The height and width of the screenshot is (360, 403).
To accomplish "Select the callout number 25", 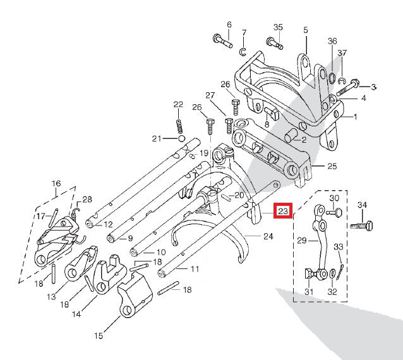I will [332, 166].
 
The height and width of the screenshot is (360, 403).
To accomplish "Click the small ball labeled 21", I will [181, 138].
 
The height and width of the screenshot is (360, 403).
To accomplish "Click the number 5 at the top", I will [305, 30].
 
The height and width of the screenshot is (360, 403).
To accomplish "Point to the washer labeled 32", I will [332, 273].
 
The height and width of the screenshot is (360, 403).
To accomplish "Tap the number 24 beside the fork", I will [268, 237].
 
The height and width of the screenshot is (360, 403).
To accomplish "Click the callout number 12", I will [108, 224].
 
